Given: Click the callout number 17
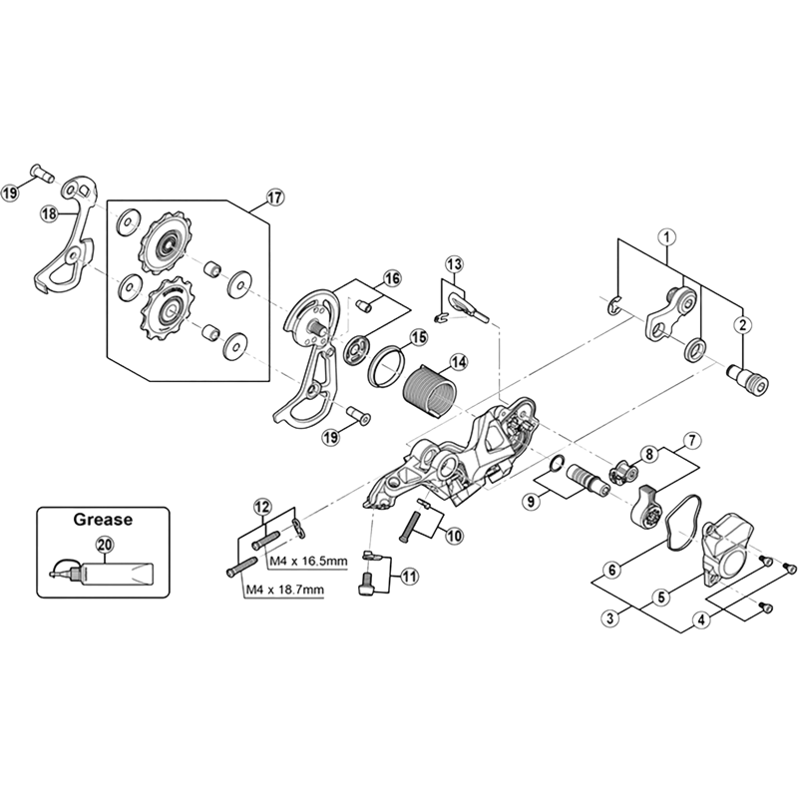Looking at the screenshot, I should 275,198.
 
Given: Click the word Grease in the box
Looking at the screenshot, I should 103,520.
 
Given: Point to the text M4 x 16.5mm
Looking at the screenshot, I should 308,565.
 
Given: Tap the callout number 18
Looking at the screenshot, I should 49,213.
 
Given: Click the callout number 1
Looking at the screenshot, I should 666,236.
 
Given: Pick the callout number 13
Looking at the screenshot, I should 454,264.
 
